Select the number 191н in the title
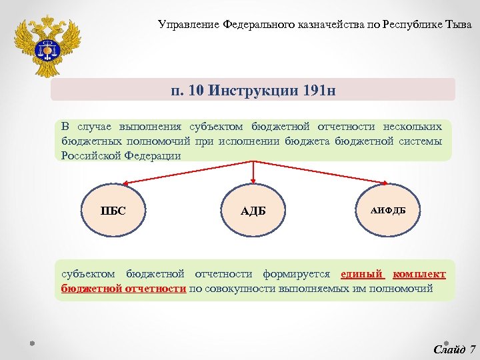(313, 89)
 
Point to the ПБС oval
(113, 211)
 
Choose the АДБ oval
(253, 211)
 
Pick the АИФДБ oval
(388, 211)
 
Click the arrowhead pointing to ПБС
(124, 182)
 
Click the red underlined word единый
(363, 274)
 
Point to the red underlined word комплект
(419, 274)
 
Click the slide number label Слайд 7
(454, 349)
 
